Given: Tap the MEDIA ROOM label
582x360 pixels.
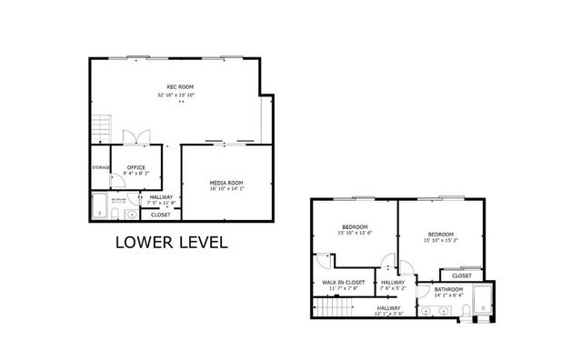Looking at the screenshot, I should click(x=227, y=183).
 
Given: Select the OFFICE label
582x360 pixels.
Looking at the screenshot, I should click(x=136, y=167).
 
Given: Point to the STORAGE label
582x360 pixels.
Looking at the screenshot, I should click(x=100, y=167).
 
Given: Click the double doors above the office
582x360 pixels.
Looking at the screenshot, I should click(x=136, y=136).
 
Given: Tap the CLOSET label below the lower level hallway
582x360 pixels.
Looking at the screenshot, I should click(x=160, y=215).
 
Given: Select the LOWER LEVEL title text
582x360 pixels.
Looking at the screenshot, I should click(x=171, y=243).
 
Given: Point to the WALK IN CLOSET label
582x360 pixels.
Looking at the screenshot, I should click(x=344, y=283).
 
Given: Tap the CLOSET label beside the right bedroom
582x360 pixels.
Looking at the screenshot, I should click(x=462, y=275).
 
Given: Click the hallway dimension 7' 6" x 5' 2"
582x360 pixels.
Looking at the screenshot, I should click(x=393, y=289).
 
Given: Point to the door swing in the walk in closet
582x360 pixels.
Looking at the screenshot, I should click(x=325, y=262).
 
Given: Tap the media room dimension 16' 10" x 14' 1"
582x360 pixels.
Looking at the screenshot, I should click(x=227, y=190).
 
